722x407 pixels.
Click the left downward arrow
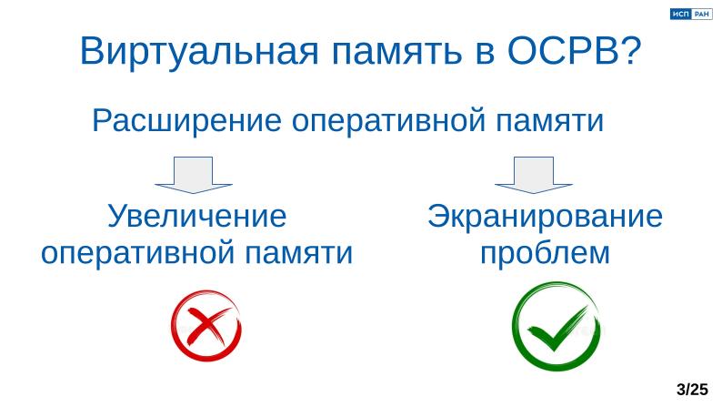[193, 175]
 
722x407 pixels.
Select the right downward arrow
[533, 175]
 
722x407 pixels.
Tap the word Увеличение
[197, 218]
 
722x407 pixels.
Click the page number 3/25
[692, 390]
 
